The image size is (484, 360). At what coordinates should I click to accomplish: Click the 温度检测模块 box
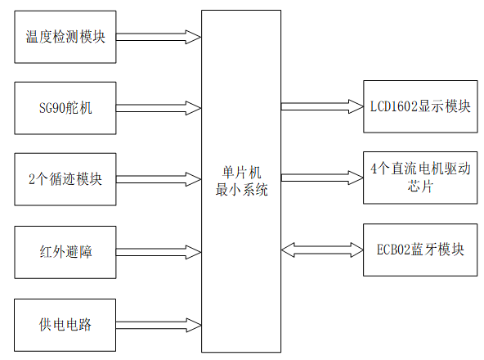[65, 37]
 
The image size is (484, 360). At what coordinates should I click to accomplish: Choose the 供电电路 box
[65, 325]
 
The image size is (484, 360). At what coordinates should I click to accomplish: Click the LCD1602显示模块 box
[419, 106]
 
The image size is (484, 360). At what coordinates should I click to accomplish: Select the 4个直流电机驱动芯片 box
[419, 177]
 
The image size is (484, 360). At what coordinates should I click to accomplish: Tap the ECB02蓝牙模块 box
[419, 249]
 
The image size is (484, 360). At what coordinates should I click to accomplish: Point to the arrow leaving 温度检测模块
[159, 37]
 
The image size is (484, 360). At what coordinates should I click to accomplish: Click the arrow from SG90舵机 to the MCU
[159, 107]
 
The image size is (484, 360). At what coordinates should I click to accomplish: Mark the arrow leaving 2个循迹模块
[159, 178]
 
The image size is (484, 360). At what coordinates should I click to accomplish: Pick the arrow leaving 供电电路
[159, 325]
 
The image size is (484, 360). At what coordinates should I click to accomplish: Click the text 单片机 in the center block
[241, 173]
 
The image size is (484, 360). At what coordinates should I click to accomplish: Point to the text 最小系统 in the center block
[241, 188]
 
